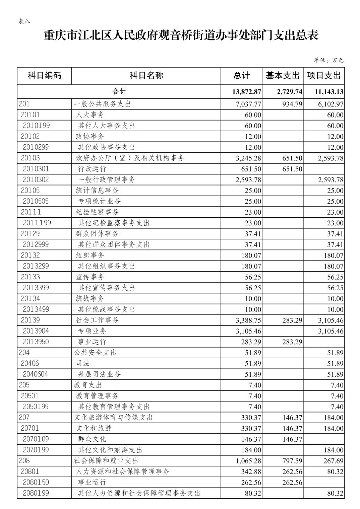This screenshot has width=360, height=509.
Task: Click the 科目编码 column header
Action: (x=44, y=75)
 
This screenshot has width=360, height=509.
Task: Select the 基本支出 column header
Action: (x=282, y=75)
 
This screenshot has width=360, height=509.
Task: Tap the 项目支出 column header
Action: (x=323, y=75)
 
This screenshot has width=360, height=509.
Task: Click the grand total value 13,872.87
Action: (x=246, y=92)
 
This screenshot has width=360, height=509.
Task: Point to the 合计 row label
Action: (x=119, y=91)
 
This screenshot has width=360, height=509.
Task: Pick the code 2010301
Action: (x=36, y=169)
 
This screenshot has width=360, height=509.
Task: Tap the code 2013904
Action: (x=36, y=331)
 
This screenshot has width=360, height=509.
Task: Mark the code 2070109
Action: (x=36, y=439)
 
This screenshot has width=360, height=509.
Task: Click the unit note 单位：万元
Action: (x=328, y=60)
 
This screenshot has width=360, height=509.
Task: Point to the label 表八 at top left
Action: (x=24, y=21)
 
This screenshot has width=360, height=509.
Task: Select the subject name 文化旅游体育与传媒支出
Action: (x=113, y=417)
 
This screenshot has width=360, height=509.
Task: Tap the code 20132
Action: (x=30, y=255)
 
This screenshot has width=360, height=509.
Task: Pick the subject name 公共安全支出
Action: (x=95, y=352)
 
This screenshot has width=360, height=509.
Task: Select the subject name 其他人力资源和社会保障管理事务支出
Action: (x=139, y=493)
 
